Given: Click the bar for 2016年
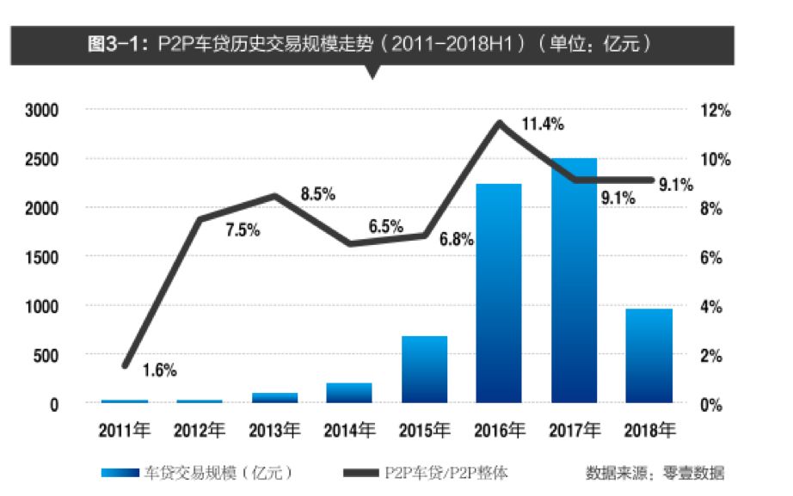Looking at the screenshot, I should pos(498,293).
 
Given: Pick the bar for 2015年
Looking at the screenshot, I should pos(424,369).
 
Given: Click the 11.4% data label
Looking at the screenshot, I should pos(543,125).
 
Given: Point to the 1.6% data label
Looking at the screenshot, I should pos(159,370).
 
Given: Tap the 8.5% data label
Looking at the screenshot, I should pos(317,194).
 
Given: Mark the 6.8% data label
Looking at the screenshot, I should pos(456,240).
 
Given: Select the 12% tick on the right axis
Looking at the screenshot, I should pos(717,111).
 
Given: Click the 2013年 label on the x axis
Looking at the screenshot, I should pos(275,429).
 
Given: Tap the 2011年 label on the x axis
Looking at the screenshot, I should pos(126,429).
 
